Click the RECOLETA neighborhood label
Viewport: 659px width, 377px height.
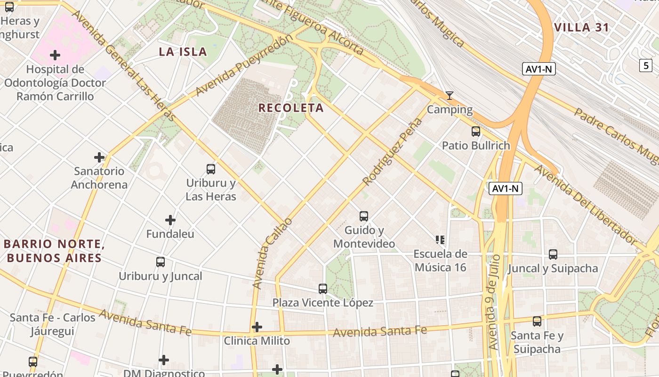[291, 108]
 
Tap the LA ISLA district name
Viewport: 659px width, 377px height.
[183, 52]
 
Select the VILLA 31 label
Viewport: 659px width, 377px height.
[582, 27]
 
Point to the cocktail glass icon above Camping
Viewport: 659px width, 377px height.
[450, 96]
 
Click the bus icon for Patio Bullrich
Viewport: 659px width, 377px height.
[475, 131]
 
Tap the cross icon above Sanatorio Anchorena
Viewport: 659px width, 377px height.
[99, 157]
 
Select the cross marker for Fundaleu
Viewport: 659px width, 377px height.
[170, 220]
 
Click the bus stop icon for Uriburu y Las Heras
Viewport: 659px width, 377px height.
[211, 169]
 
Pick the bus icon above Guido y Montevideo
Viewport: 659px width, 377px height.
[364, 216]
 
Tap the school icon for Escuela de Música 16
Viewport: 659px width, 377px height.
[440, 240]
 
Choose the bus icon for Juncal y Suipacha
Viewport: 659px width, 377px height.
[553, 254]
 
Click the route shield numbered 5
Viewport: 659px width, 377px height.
[646, 66]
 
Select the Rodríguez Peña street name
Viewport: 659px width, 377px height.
[392, 151]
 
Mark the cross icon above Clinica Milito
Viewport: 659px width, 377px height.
[257, 327]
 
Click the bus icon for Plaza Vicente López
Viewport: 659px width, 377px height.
[323, 289]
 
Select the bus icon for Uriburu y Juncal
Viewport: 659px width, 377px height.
[161, 262]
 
